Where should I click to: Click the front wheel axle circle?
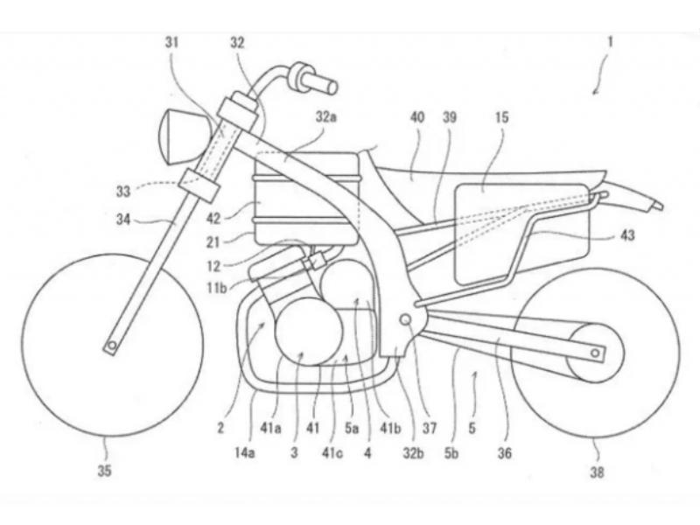point(112,345)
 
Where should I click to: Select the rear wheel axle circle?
point(595,353)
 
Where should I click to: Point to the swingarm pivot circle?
point(406,319)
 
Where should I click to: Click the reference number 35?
point(104,471)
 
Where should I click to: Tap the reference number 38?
point(598,472)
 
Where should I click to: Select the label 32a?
point(325,117)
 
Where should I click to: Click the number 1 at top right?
point(609,43)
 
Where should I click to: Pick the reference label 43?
point(627,235)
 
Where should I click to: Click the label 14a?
point(245,453)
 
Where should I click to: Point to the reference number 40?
point(417,117)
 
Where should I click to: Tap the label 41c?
point(333,453)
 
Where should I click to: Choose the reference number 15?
point(501,117)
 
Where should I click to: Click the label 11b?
point(217,288)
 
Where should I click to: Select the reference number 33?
point(123,192)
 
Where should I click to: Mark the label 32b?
point(413,453)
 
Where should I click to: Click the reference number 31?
point(171,42)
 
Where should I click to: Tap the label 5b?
point(451,453)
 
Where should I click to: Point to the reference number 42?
point(213,218)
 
